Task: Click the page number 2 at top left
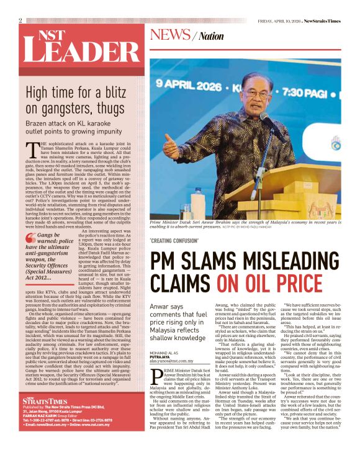point(20,20)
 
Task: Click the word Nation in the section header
point(212,37)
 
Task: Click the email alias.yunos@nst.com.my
point(175,362)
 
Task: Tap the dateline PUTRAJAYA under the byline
point(163,358)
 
